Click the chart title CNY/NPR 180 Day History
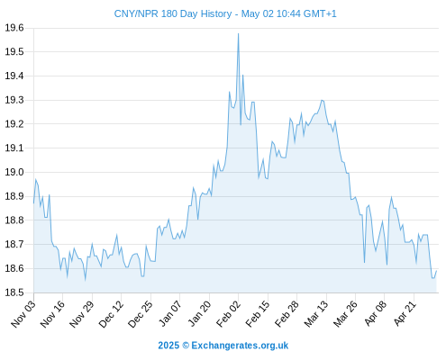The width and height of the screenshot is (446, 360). point(173,13)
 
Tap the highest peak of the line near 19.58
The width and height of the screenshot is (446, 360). point(238,33)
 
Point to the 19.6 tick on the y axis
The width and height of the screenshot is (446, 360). point(14,28)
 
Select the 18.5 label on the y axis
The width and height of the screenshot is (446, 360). point(14,292)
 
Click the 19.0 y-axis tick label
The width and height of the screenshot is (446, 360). point(14,172)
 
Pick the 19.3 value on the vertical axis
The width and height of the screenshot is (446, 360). point(14,100)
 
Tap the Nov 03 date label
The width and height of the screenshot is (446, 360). point(23,314)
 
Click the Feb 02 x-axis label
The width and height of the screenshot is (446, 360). point(228,314)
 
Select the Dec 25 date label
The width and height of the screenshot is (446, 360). point(141,314)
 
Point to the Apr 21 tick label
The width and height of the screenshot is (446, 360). point(405,314)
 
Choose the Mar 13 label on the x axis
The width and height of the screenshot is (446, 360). point(316,314)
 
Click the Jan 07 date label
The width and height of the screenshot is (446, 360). point(170,314)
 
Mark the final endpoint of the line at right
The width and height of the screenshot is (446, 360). point(436,271)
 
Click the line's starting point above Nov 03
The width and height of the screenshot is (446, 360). point(33,203)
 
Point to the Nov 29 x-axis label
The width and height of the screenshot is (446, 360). point(82,314)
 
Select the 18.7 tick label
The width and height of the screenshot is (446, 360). point(14,244)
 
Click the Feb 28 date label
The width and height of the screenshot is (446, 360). point(287,314)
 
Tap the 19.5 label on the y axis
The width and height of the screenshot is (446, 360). point(14,52)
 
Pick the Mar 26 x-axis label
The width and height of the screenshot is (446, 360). point(345,314)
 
